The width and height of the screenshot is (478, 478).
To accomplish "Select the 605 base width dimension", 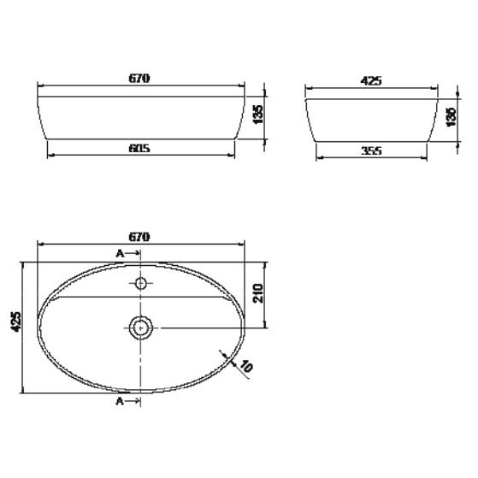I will (141, 148).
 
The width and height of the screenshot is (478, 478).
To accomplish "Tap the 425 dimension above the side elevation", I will (371, 81).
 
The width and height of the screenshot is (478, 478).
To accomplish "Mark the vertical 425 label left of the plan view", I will (15, 322).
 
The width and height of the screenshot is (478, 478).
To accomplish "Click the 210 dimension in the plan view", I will (263, 296).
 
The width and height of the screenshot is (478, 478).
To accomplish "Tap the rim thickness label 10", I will (246, 368).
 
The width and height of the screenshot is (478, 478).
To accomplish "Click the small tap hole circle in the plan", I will (141, 282).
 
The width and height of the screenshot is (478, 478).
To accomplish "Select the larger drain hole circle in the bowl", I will (141, 326).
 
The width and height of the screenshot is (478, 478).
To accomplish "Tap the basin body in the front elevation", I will (141, 115).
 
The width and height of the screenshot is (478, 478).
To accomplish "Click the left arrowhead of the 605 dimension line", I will (50, 155).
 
